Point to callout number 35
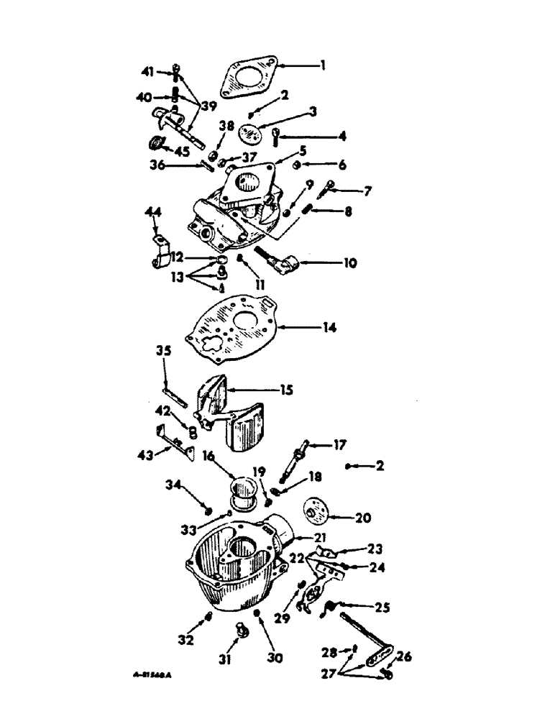[x=163, y=352]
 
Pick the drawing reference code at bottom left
[x=155, y=676]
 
